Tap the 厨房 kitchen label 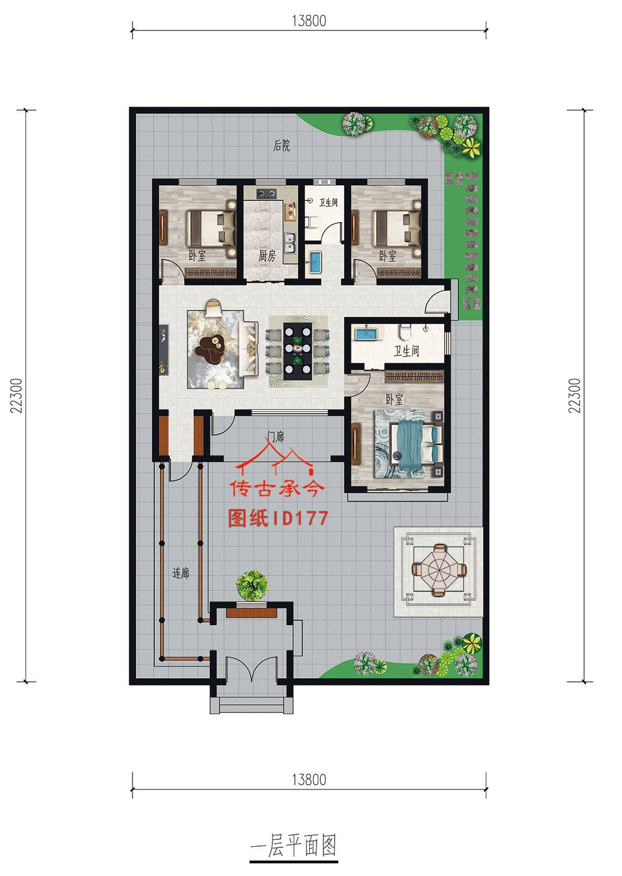tap(267, 256)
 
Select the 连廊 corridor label tap(180, 574)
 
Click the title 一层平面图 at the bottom tap(293, 846)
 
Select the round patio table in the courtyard tap(440, 569)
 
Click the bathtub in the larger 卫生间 tap(367, 334)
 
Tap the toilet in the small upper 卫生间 tap(315, 221)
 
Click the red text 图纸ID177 tap(277, 518)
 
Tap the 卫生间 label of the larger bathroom tap(406, 352)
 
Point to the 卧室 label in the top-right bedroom tap(388, 256)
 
